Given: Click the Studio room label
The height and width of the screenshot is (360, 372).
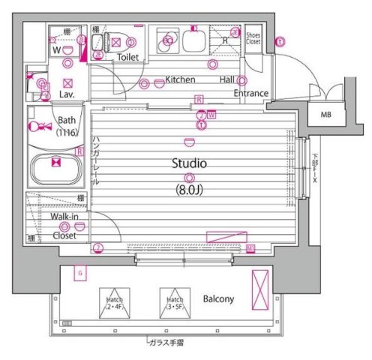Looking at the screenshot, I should pos(189,163).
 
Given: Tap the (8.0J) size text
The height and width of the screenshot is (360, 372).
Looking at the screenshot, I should pos(189,189).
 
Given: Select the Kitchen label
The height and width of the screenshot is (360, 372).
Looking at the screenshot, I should pos(180,79).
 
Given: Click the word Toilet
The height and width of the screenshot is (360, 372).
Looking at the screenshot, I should pos(128,56).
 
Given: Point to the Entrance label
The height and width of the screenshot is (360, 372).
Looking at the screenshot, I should pos(250,93).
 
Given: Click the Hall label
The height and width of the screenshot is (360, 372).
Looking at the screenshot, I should pos(226,79).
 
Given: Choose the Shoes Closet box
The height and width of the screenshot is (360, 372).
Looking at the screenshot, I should pos(253,38).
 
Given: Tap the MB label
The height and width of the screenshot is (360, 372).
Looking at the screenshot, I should pos(325,115).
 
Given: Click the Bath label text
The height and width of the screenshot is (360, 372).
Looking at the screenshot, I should pos(66,120).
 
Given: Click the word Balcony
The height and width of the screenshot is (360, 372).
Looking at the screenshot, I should pos(218,298).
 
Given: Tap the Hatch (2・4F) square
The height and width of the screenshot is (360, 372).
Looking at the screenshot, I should pos(115,302).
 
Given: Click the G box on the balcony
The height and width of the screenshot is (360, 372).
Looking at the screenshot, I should pos(79,274).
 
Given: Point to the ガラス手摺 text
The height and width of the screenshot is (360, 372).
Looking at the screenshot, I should pos(166,343).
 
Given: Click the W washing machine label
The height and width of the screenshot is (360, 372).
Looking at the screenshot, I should pos(55,50).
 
